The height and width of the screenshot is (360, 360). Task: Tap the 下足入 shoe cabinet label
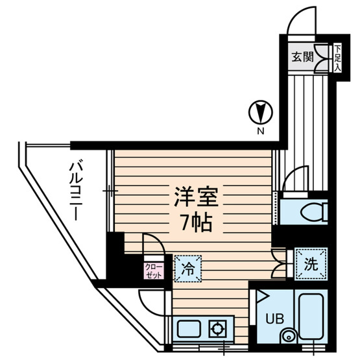pos(337,58)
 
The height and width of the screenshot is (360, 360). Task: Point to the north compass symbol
pos(261,112)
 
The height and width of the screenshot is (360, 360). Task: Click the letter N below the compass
pos(260,131)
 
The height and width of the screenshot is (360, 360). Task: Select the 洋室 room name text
pos(196,197)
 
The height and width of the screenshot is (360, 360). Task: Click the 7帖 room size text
pos(197,222)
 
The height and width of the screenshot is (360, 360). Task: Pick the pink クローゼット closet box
pos(154,271)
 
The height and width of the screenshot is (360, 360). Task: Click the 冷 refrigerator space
pos(188,269)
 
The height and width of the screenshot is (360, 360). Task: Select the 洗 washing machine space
pos(311,264)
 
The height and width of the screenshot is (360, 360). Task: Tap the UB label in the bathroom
pos(275,318)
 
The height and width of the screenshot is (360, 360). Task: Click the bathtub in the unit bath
pos(311,317)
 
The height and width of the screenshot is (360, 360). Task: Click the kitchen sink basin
pos(189,330)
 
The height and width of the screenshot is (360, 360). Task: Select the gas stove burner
pos(217,329)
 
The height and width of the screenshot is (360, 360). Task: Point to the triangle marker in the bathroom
pos(263,296)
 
